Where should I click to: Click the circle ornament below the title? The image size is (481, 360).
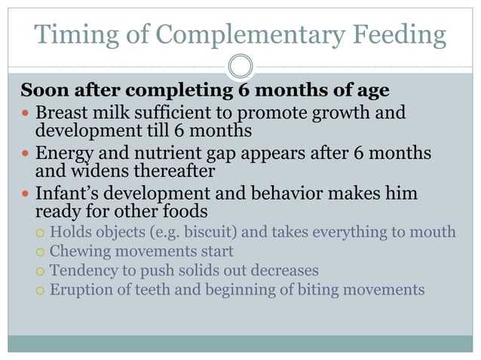[240, 67]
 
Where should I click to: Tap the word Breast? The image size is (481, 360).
[62, 113]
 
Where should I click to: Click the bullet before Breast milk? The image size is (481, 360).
[27, 114]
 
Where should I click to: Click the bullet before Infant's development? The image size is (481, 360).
[27, 194]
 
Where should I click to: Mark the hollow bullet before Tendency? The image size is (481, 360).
[41, 270]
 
